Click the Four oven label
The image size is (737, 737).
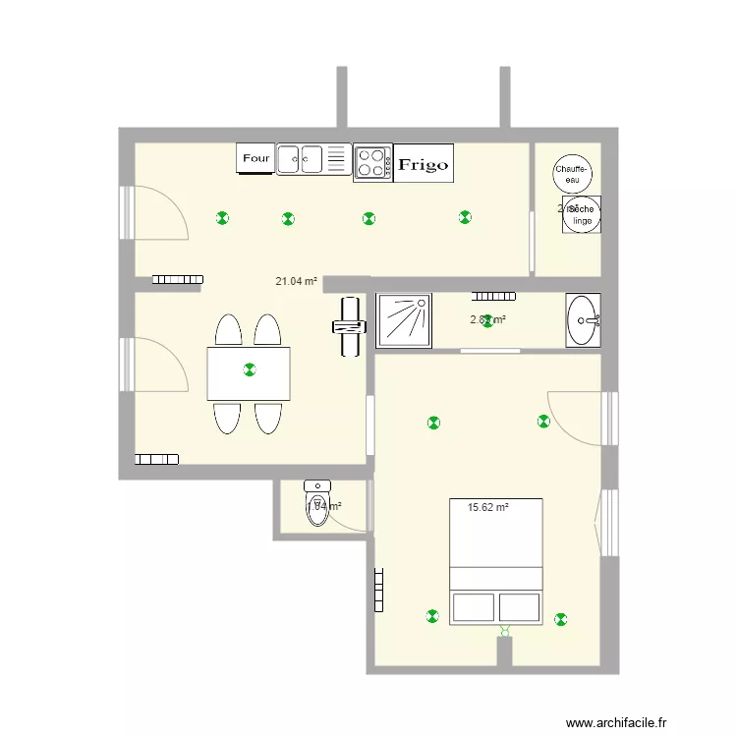(255, 158)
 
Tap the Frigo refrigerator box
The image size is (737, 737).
(423, 165)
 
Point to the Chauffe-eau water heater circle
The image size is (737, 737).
(572, 174)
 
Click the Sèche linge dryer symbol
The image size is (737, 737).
(582, 215)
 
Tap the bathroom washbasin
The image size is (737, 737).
(585, 320)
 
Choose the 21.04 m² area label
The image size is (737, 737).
(296, 281)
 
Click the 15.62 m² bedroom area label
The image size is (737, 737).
(487, 508)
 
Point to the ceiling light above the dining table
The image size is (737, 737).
(249, 369)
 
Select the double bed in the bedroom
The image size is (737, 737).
(496, 561)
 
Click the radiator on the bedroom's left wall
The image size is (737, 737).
(378, 589)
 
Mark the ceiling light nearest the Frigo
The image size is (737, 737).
(464, 217)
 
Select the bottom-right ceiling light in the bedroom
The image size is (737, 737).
(561, 619)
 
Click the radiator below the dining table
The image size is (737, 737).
(157, 458)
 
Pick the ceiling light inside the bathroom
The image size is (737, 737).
(488, 320)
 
